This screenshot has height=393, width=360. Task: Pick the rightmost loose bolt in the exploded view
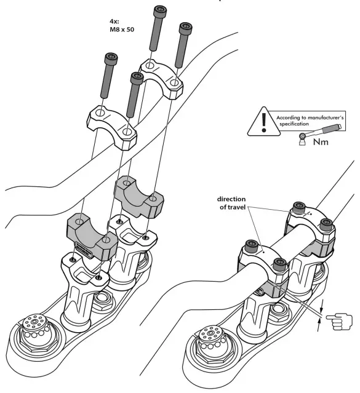[182, 45]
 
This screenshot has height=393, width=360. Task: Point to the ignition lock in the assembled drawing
[211, 341]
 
